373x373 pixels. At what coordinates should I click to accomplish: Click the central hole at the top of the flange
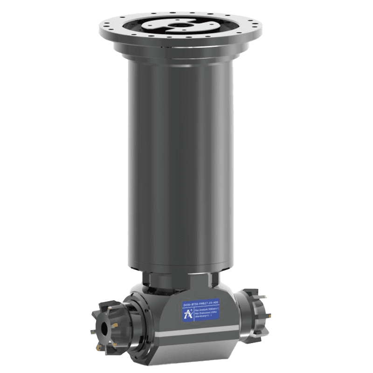[x=180, y=25]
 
